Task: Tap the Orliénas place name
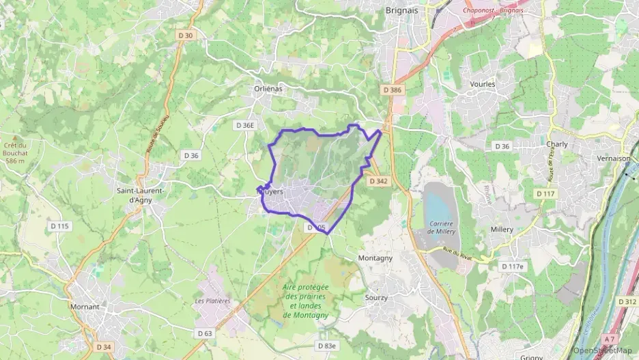coord(268,89)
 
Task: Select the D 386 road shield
coord(393,89)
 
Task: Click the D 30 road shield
coord(185,36)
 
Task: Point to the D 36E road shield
coord(244,125)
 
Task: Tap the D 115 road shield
coord(59,225)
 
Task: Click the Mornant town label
coord(85,307)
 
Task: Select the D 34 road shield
coord(104,346)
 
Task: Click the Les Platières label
coord(212,301)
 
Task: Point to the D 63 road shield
coord(205,333)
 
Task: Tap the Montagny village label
coord(375,258)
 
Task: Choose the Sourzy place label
coord(376,298)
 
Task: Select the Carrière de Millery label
coord(442,227)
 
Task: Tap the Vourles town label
coord(483,84)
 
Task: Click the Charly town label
coord(557,144)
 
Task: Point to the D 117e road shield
coord(513,266)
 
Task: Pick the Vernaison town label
coord(614,158)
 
